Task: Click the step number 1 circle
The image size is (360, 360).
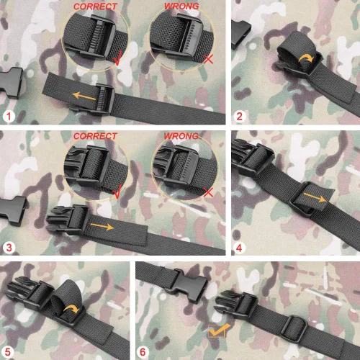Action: tap(9, 117)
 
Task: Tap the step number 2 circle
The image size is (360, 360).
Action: tap(239, 117)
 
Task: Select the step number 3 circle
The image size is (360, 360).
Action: tap(9, 247)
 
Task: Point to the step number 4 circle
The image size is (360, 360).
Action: tap(239, 248)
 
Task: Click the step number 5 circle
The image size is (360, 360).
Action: tap(8, 352)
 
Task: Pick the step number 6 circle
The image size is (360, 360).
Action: tap(143, 352)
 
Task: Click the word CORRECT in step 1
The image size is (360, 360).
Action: tap(95, 6)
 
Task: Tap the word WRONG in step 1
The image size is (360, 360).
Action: tap(181, 6)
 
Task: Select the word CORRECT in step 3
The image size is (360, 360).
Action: tap(95, 136)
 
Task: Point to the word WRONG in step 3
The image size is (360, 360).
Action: tap(181, 136)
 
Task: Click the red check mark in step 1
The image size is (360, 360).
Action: tap(117, 58)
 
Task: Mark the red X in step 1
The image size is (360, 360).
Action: tap(208, 59)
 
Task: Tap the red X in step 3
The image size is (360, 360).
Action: tap(208, 192)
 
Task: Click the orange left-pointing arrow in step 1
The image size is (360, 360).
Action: tap(84, 96)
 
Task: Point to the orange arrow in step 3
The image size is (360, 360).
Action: tap(102, 227)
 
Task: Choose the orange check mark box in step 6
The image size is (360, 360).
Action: tap(218, 330)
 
